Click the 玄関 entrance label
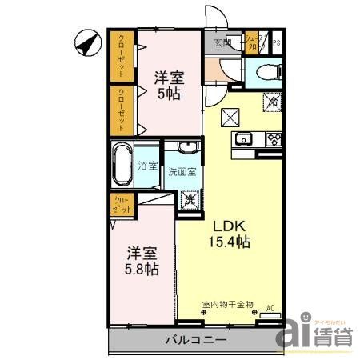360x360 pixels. pos(222,43)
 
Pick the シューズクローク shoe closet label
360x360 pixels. pos(254,43)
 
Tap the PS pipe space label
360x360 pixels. pos(277,43)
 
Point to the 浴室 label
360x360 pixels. pos(148,167)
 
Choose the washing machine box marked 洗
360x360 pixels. pos(190,201)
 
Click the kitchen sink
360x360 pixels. pos(242,141)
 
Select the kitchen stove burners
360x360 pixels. pos(271,141)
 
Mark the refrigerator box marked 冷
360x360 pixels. pos(272,102)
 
